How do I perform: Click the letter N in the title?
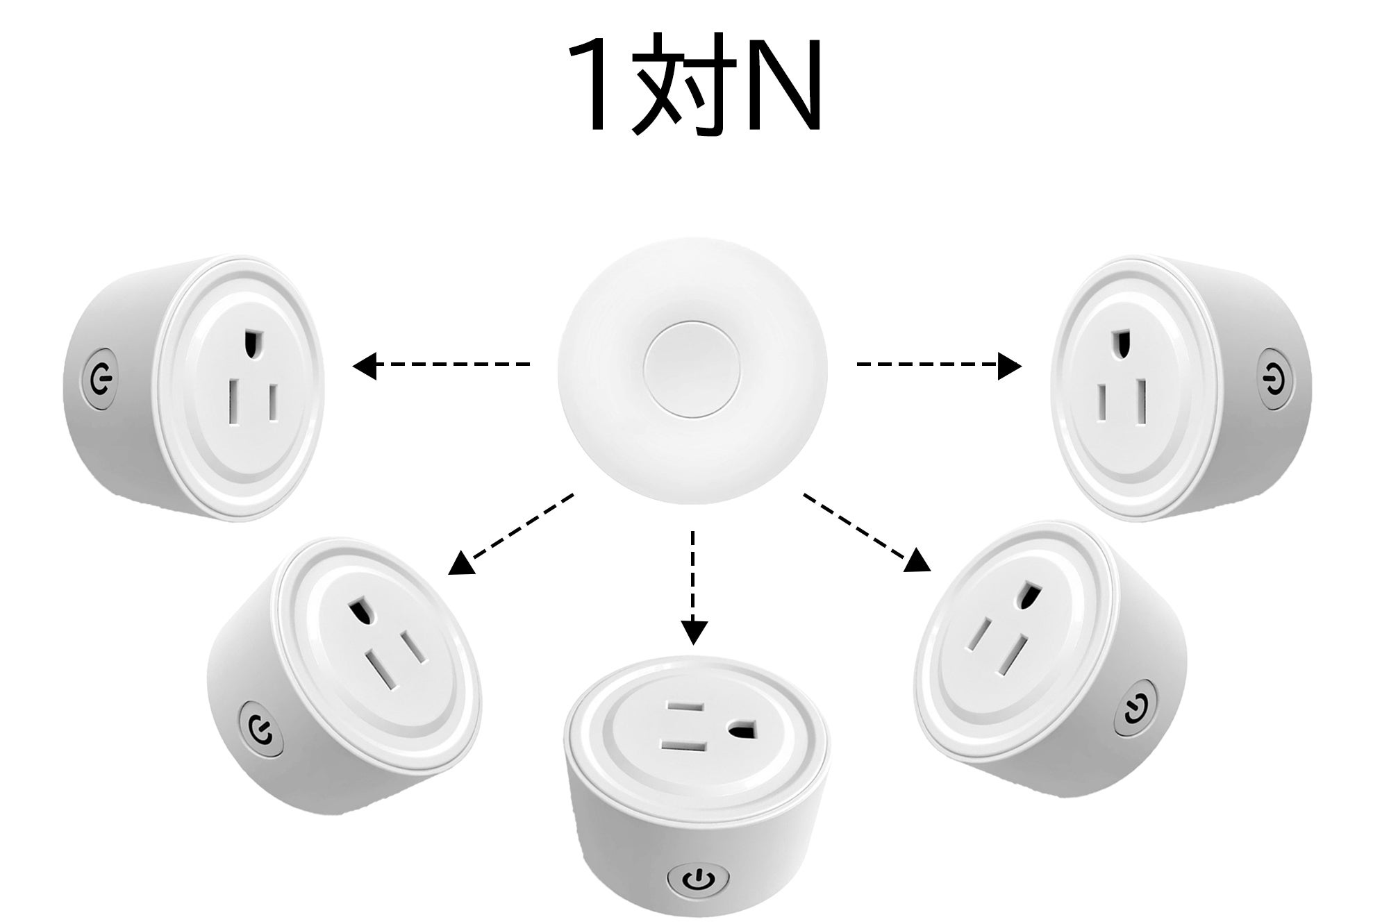(x=783, y=85)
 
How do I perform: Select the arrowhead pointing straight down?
(x=693, y=630)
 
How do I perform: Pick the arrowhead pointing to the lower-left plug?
(x=462, y=563)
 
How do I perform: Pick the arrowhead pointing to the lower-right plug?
(x=918, y=560)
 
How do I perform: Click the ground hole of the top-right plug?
(x=1120, y=344)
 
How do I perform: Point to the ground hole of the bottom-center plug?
(x=742, y=730)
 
